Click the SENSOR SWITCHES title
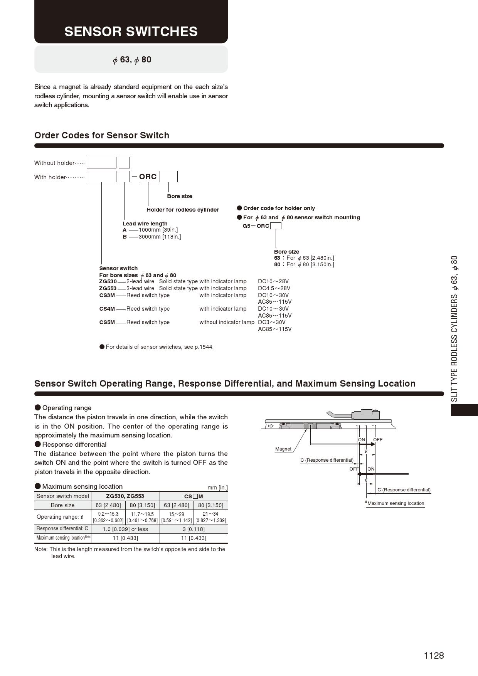pyautogui.click(x=131, y=32)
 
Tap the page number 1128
pyautogui.click(x=434, y=655)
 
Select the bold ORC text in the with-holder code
pyautogui.click(x=148, y=177)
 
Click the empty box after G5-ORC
pyautogui.click(x=276, y=226)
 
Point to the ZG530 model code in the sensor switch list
pyautogui.click(x=108, y=281)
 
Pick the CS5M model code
pyautogui.click(x=107, y=322)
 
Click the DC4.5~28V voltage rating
pyautogui.click(x=274, y=288)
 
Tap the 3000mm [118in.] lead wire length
pyautogui.click(x=160, y=237)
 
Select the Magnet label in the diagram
pyautogui.click(x=283, y=449)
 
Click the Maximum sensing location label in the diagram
pyautogui.click(x=396, y=503)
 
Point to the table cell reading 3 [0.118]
pyautogui.click(x=194, y=529)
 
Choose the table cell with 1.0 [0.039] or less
pyautogui.click(x=125, y=529)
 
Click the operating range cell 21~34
pyautogui.click(x=210, y=514)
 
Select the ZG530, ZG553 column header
pyautogui.click(x=125, y=496)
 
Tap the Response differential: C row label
pyautogui.click(x=62, y=529)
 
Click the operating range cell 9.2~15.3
pyautogui.click(x=108, y=514)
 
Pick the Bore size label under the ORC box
pyautogui.click(x=180, y=196)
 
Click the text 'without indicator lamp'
pyautogui.click(x=227, y=322)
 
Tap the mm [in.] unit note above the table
pyautogui.click(x=217, y=488)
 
